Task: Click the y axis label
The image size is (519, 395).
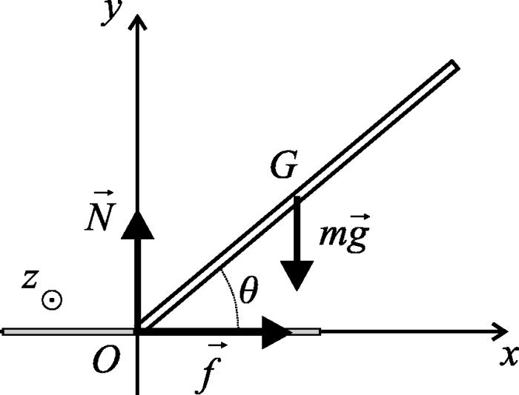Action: (x=113, y=13)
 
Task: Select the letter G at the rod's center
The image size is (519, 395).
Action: (x=282, y=168)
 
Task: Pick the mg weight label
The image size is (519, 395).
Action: (x=343, y=236)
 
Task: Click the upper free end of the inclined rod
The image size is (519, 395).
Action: (x=452, y=67)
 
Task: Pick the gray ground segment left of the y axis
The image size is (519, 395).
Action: (x=67, y=331)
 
